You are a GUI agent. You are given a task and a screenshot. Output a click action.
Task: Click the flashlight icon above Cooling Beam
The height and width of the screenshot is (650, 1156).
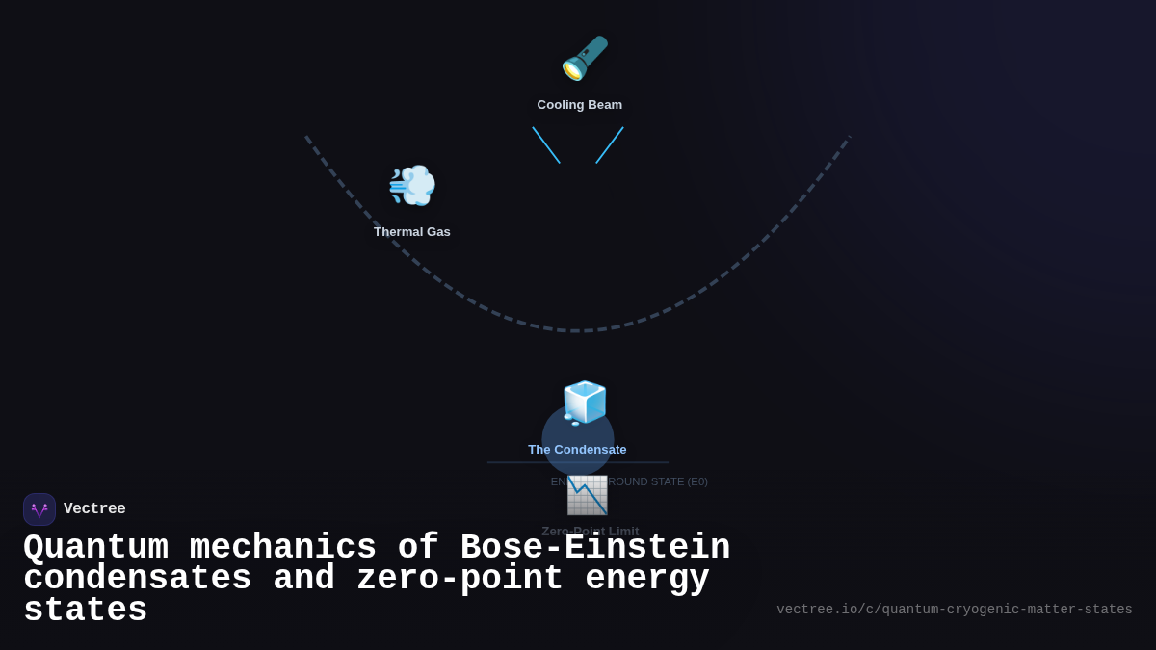point(585,58)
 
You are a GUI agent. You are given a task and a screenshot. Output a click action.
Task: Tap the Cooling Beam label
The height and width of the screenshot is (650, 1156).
point(580,105)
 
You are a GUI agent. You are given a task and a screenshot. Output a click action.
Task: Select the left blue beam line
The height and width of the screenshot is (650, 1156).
point(546,145)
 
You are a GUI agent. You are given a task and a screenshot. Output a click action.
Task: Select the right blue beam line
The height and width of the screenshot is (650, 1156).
point(610,145)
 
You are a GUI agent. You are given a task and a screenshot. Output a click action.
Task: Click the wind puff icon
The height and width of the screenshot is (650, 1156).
point(412,185)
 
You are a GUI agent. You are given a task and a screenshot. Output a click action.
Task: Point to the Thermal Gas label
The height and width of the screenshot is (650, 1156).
point(412,232)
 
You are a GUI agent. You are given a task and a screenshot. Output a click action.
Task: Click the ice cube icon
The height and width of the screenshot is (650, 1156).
point(585,403)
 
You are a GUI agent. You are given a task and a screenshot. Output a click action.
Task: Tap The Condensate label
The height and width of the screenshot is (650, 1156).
point(577,450)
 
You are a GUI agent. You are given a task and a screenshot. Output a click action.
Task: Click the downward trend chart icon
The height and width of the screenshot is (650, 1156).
point(587,495)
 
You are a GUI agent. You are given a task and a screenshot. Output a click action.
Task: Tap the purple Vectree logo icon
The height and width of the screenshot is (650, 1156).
point(39,509)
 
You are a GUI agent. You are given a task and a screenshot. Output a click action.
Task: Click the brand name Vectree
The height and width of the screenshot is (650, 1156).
point(94,509)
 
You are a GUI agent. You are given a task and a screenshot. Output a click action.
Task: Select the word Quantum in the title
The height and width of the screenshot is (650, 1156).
point(95,548)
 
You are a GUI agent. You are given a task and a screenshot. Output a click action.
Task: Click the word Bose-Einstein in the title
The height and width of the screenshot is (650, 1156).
point(594,548)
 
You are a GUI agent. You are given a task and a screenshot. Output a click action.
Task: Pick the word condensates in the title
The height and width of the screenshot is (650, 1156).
point(137,579)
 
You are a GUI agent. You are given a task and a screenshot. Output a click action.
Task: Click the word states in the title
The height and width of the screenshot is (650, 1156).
point(85,611)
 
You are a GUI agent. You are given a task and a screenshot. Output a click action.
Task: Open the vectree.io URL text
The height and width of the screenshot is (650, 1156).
point(954,610)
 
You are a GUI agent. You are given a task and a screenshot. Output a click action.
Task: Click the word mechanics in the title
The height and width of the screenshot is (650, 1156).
point(283,548)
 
